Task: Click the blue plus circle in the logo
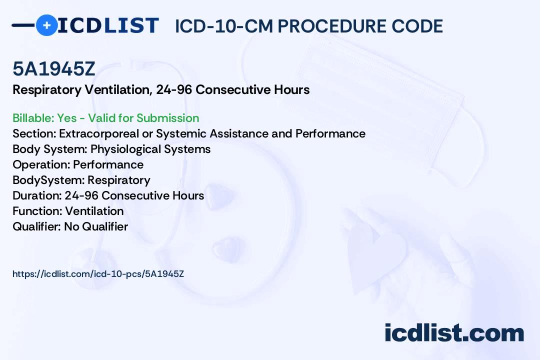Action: pyautogui.click(x=46, y=25)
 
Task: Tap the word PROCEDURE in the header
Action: pyautogui.click(x=332, y=26)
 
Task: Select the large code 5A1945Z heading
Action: pyautogui.click(x=53, y=69)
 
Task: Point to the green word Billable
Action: pyautogui.click(x=33, y=118)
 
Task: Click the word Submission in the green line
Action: pyautogui.click(x=168, y=118)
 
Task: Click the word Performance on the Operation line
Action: pyautogui.click(x=108, y=164)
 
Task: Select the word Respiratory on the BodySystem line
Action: pyautogui.click(x=119, y=180)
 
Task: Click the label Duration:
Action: pyautogui.click(x=37, y=195)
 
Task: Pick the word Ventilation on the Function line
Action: pyautogui.click(x=94, y=211)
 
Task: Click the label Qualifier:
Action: pyautogui.click(x=37, y=226)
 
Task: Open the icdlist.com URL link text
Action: pyautogui.click(x=98, y=274)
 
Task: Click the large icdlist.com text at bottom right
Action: pyautogui.click(x=454, y=333)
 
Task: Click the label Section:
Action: pyautogui.click(x=34, y=133)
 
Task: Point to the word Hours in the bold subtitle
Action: pyautogui.click(x=291, y=90)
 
